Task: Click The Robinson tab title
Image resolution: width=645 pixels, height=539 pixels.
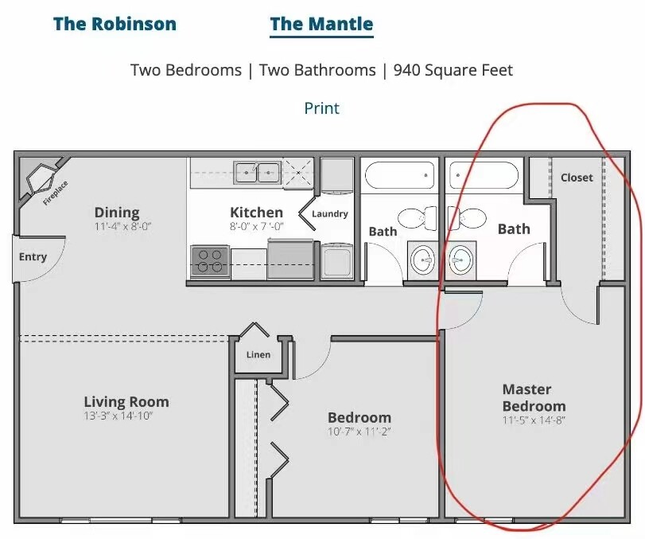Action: point(115,24)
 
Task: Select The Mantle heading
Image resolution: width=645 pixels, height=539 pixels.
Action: point(321,24)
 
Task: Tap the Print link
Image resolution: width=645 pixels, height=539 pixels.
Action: point(321,108)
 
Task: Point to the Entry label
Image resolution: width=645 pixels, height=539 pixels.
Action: point(33,257)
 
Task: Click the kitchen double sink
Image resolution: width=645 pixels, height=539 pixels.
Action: point(257,173)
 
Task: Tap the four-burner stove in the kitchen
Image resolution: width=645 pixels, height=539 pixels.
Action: point(210,261)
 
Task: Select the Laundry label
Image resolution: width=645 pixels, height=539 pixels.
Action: point(330,213)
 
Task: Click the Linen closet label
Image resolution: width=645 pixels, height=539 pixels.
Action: point(258,354)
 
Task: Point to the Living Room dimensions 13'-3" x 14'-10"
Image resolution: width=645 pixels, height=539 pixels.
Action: point(119,416)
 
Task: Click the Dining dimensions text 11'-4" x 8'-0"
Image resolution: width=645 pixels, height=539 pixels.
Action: point(123,226)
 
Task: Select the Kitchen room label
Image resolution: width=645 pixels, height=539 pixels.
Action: point(256,213)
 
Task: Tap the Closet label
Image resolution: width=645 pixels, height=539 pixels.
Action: point(577,178)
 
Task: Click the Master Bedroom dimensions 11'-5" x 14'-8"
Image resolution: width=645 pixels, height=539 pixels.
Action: point(534,420)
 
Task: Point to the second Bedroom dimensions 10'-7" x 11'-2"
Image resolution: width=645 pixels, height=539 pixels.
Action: point(359,432)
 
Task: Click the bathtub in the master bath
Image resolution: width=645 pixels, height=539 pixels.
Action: point(484,175)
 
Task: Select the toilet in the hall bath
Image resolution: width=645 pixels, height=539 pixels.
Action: point(418,219)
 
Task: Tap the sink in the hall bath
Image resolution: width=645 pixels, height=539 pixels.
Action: point(423,260)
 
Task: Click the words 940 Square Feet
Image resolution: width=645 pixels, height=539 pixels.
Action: point(453,70)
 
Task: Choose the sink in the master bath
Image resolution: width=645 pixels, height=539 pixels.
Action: point(460,260)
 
